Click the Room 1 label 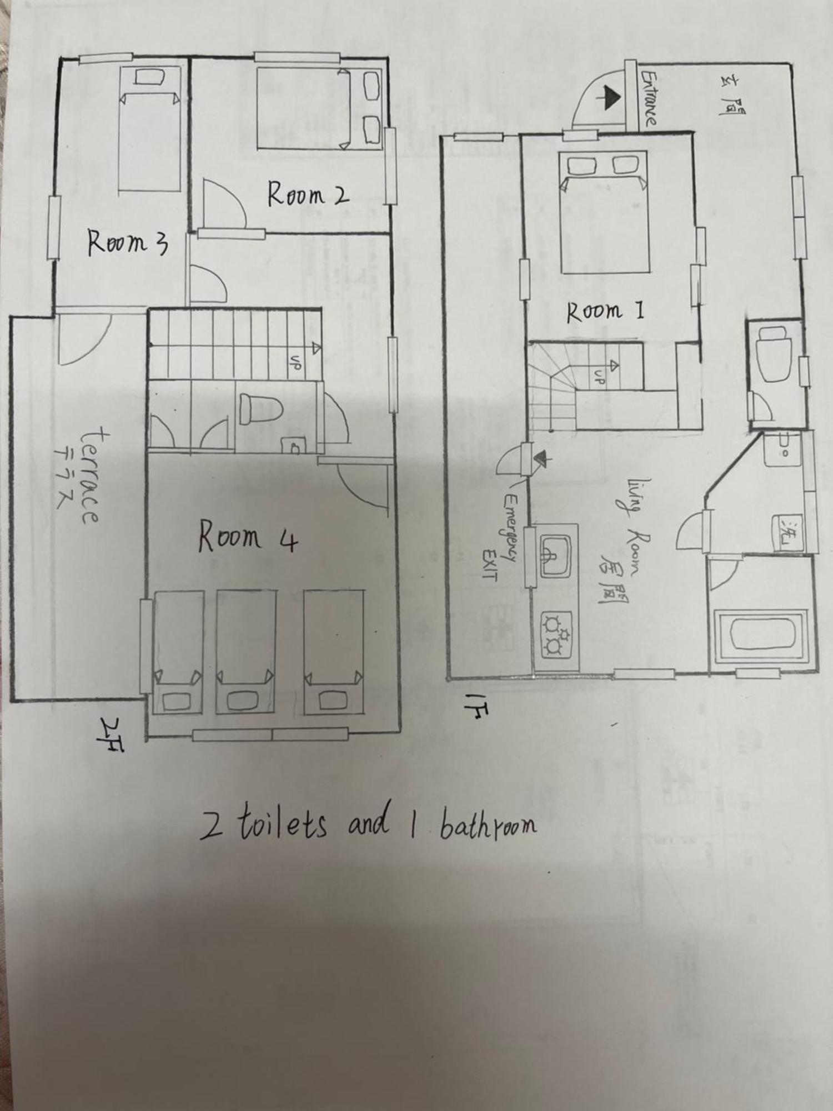click(605, 311)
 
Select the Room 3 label click(128, 243)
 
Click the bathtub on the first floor click(761, 636)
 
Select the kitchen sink click(556, 556)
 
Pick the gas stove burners click(556, 633)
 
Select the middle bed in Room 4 click(245, 651)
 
